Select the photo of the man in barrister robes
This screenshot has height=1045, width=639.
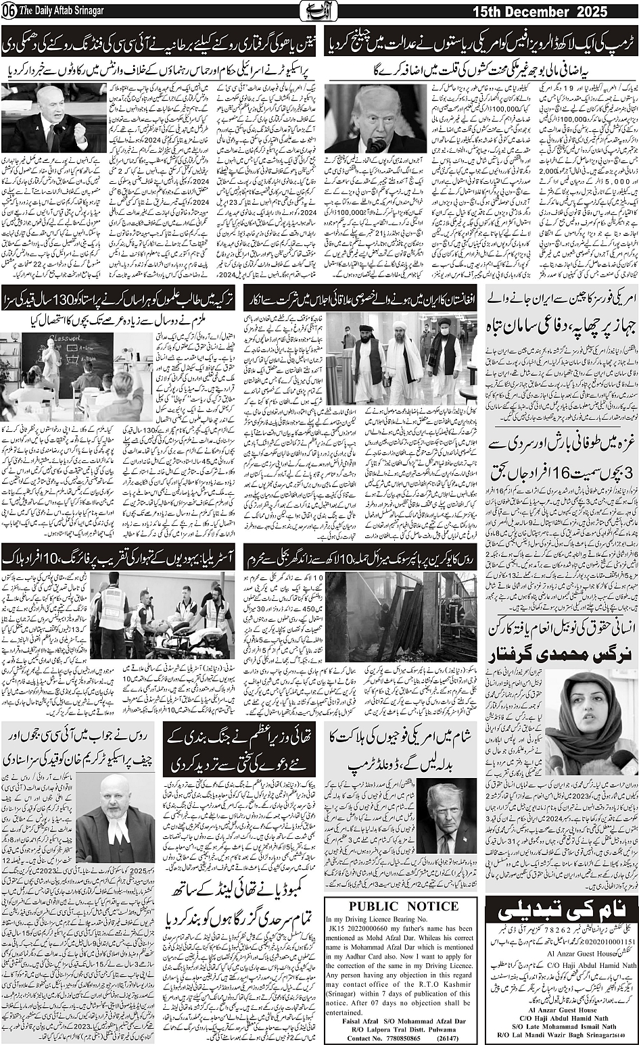(x=115, y=818)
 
